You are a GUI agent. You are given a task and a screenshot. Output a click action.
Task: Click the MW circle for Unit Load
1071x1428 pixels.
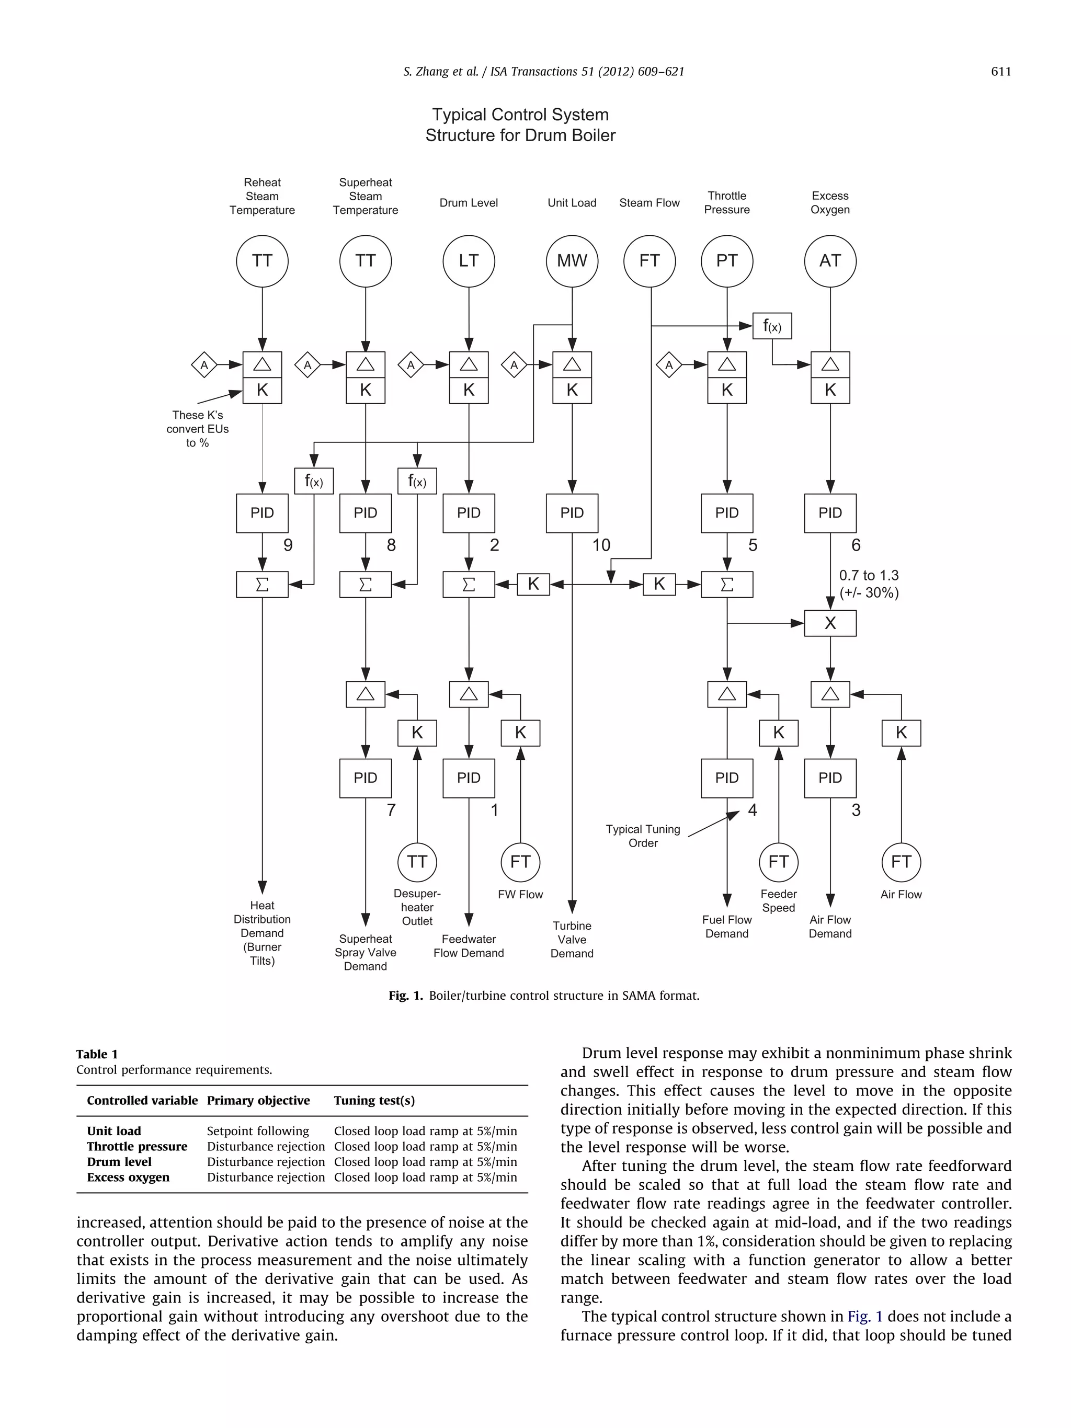tap(572, 261)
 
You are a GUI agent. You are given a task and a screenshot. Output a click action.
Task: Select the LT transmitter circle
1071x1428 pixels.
tap(468, 261)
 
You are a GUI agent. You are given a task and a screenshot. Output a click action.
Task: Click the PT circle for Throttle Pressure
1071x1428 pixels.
tap(726, 261)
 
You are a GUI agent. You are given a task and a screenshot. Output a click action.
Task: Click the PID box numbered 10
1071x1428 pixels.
tap(572, 513)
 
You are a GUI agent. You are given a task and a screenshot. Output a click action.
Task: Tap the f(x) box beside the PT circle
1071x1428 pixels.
tap(771, 326)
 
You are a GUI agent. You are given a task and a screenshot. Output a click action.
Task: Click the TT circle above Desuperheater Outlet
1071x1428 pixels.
tap(416, 862)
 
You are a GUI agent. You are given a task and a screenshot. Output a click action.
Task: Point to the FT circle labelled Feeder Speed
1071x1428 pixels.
tap(778, 862)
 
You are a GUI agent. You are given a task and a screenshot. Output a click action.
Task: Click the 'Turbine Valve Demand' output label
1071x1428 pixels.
tap(572, 939)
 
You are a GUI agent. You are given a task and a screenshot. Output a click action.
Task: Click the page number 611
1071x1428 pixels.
tap(1000, 72)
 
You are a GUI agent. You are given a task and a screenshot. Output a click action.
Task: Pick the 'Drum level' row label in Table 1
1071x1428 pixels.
tap(119, 1162)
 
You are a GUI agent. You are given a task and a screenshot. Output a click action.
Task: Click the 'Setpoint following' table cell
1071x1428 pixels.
tap(258, 1131)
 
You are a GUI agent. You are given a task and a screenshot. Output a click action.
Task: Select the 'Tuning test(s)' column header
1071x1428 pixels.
tap(374, 1101)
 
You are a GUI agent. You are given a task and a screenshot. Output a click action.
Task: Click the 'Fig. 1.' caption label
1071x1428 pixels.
tap(405, 996)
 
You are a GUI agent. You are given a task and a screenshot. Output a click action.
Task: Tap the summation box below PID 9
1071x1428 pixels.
tap(261, 584)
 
